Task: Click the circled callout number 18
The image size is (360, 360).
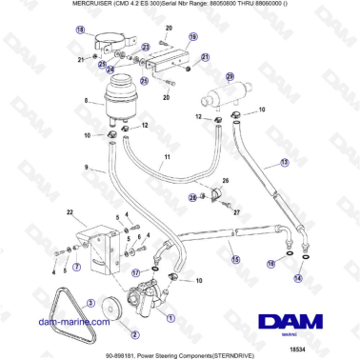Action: pyautogui.click(x=79, y=30)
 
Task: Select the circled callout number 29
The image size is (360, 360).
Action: pyautogui.click(x=230, y=75)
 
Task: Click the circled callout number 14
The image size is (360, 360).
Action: pyautogui.click(x=297, y=279)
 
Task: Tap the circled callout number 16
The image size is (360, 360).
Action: pyautogui.click(x=270, y=265)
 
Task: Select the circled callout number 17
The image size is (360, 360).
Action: pyautogui.click(x=136, y=272)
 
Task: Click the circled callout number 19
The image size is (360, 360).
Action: pyautogui.click(x=192, y=37)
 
